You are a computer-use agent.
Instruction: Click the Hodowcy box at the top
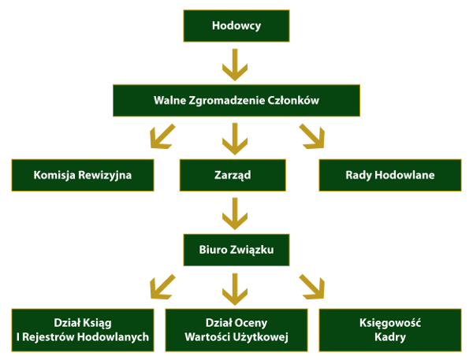pyautogui.click(x=236, y=26)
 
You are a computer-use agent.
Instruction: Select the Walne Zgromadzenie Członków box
pyautogui.click(x=236, y=100)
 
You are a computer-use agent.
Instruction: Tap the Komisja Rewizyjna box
pyautogui.click(x=83, y=175)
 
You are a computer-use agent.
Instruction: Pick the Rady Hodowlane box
pyautogui.click(x=390, y=175)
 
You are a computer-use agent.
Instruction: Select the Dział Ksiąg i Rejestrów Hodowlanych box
pyautogui.click(x=83, y=330)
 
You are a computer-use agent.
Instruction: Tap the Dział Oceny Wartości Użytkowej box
pyautogui.click(x=236, y=330)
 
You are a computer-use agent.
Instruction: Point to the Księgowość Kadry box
pyautogui.click(x=390, y=330)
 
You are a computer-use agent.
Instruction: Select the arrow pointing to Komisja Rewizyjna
pyautogui.click(x=164, y=138)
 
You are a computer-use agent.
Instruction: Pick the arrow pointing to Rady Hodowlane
pyautogui.click(x=311, y=138)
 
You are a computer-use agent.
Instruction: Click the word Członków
pyautogui.click(x=297, y=100)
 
